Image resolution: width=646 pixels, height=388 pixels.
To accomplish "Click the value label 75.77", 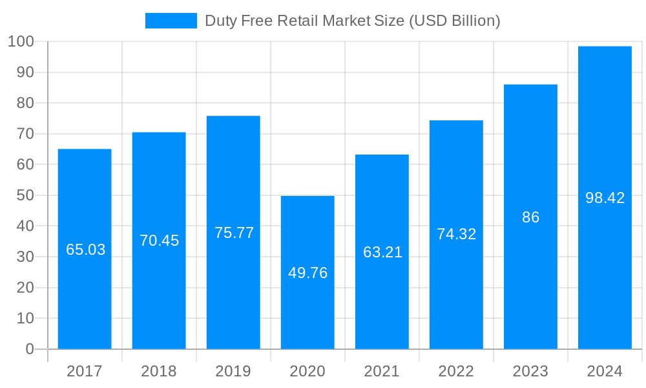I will click(234, 233).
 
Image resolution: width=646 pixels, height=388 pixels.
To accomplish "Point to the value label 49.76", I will click(307, 273).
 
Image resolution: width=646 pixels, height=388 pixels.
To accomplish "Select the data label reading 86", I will click(530, 217).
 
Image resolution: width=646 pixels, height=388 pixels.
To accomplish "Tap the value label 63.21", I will click(382, 252).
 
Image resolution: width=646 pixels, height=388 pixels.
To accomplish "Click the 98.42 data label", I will click(605, 198).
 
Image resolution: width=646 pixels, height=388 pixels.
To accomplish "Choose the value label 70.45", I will click(159, 241).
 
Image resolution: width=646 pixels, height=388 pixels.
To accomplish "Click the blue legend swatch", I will click(171, 21).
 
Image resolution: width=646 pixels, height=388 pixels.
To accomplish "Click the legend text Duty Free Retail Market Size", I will click(352, 21).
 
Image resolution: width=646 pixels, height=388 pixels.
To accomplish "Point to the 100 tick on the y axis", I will click(21, 42).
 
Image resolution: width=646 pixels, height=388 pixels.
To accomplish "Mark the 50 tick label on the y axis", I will click(25, 195).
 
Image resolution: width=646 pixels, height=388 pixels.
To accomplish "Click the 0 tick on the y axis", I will click(29, 349).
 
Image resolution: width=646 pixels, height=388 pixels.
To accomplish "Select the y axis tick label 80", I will click(25, 103).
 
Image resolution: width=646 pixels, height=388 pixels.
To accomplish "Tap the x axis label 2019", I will click(233, 371).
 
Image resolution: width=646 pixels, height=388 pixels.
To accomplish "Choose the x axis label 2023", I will click(530, 371).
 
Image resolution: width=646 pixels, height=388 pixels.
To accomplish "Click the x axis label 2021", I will click(382, 371).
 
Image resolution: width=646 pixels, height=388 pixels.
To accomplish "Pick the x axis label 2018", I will click(159, 371).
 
